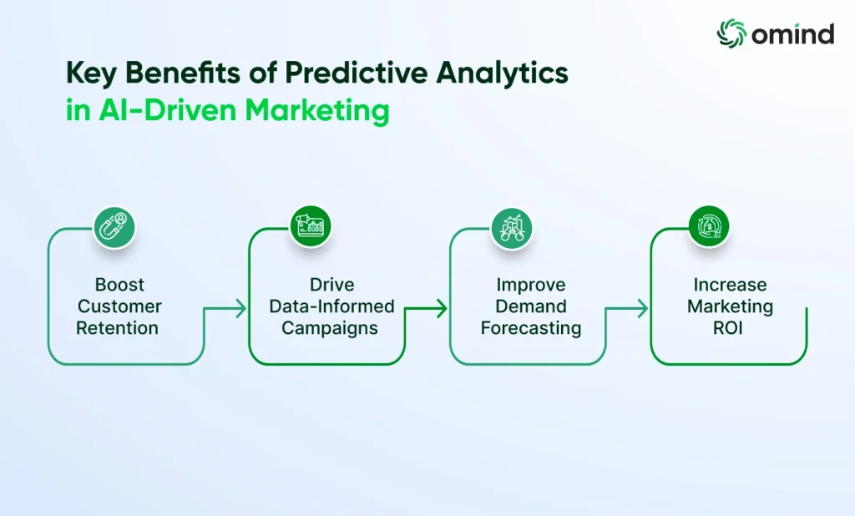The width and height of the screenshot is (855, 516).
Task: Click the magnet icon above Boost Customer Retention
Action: [x=114, y=227]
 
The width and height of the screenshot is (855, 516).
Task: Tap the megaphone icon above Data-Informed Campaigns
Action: [x=310, y=225]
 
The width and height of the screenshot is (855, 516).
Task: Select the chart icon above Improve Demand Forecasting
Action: [x=512, y=228]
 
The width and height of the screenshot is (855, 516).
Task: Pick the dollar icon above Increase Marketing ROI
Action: [x=708, y=225]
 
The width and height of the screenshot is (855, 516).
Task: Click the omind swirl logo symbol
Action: [x=731, y=33]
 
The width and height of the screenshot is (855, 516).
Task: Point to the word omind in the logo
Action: [x=793, y=34]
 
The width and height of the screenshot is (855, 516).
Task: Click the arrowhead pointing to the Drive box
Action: [x=240, y=308]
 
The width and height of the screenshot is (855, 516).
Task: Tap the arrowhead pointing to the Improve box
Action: [x=441, y=308]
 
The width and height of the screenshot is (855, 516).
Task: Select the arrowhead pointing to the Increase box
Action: [x=642, y=308]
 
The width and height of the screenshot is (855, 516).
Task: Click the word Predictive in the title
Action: [x=357, y=73]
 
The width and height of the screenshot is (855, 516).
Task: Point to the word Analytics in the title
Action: [x=502, y=74]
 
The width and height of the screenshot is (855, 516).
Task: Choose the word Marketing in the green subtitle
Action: [x=317, y=111]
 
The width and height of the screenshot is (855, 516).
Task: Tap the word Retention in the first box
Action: [x=117, y=328]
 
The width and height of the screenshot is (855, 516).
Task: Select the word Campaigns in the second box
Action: [x=330, y=328]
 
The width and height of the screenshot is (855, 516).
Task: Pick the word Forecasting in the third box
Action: [x=531, y=328]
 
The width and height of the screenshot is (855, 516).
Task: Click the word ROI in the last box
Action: [x=728, y=328]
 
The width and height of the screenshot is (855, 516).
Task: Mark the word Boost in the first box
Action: [x=119, y=284]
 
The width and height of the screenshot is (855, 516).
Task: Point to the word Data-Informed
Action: [x=331, y=306]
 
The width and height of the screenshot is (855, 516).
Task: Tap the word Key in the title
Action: [x=91, y=74]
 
